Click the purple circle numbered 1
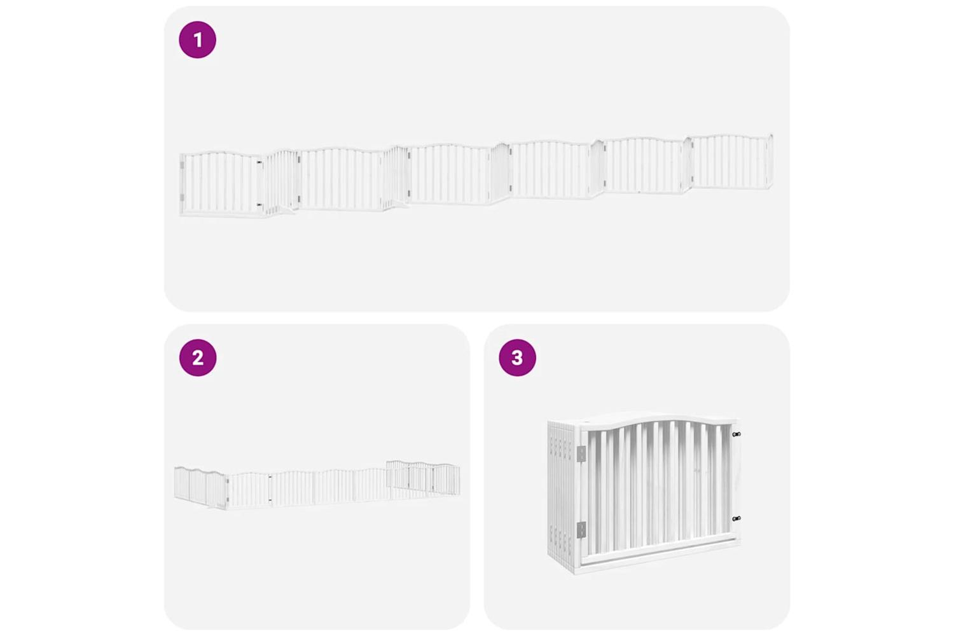tap(198, 39)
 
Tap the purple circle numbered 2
tap(198, 357)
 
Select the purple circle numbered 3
tap(518, 357)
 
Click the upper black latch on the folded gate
tap(736, 434)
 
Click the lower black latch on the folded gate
tap(736, 518)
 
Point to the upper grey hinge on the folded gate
tap(581, 453)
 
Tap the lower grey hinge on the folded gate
tap(581, 530)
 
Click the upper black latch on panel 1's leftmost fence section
tap(259, 162)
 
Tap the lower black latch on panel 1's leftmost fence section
tap(259, 205)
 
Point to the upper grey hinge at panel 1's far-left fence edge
tap(182, 165)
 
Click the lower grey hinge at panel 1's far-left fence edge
tap(182, 198)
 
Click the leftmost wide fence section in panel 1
tap(221, 184)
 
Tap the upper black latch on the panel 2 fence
tap(270, 476)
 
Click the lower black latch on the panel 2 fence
tap(270, 500)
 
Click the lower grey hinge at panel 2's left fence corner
tap(228, 500)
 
